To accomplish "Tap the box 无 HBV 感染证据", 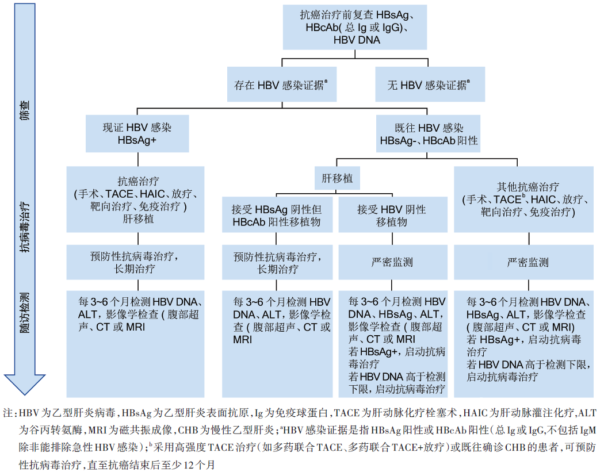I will [x=429, y=85].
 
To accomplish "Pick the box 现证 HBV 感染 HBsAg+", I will [x=136, y=134].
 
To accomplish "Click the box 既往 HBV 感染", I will [x=429, y=134].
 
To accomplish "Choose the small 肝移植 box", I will [x=337, y=179].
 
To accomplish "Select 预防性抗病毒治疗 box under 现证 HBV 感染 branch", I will [x=136, y=262].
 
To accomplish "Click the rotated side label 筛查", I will [x=23, y=109].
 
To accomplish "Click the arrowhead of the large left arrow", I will [x=23, y=382].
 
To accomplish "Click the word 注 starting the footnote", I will [x=7, y=413].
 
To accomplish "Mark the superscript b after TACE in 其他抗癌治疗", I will [x=523, y=196].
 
